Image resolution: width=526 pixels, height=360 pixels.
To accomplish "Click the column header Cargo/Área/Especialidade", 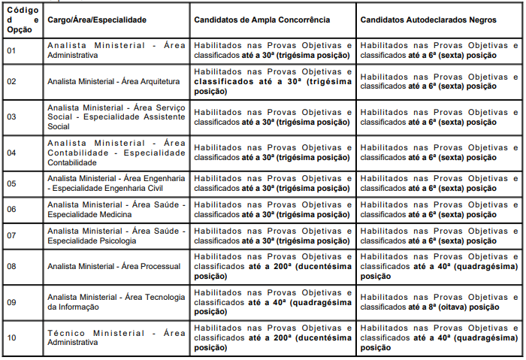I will [96, 18].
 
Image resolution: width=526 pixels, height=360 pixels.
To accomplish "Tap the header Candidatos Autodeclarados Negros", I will [428, 18].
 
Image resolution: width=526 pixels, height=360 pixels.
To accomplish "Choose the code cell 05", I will [11, 183].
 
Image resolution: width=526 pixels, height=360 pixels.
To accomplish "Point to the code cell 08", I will [11, 266].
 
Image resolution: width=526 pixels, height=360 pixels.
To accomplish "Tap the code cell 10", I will [11, 337].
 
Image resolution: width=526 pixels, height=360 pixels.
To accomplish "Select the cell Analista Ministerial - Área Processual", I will [113, 266].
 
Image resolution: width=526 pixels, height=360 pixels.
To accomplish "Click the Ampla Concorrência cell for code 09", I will [273, 301].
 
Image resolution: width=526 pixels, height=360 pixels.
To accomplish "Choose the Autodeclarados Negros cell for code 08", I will [440, 266].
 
